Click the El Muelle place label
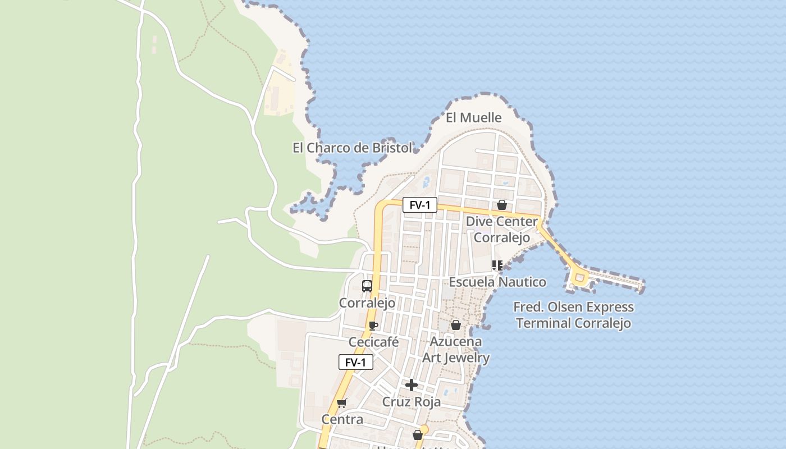(473, 118)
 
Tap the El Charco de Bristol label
(353, 148)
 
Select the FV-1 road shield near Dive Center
(419, 205)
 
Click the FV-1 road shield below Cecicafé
(356, 363)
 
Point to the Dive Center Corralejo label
(502, 230)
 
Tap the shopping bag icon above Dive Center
(502, 205)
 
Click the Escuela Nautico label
(497, 282)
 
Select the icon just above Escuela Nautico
(497, 265)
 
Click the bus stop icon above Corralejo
(367, 286)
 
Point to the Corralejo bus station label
(367, 304)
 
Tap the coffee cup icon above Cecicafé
(373, 326)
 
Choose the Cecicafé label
(373, 342)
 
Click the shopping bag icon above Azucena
(456, 326)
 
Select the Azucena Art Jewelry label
(456, 350)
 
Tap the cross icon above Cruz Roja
(412, 385)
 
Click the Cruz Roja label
(412, 402)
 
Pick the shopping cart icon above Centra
(341, 403)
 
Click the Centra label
(342, 420)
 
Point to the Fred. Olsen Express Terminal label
(574, 315)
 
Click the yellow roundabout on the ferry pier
(579, 277)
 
